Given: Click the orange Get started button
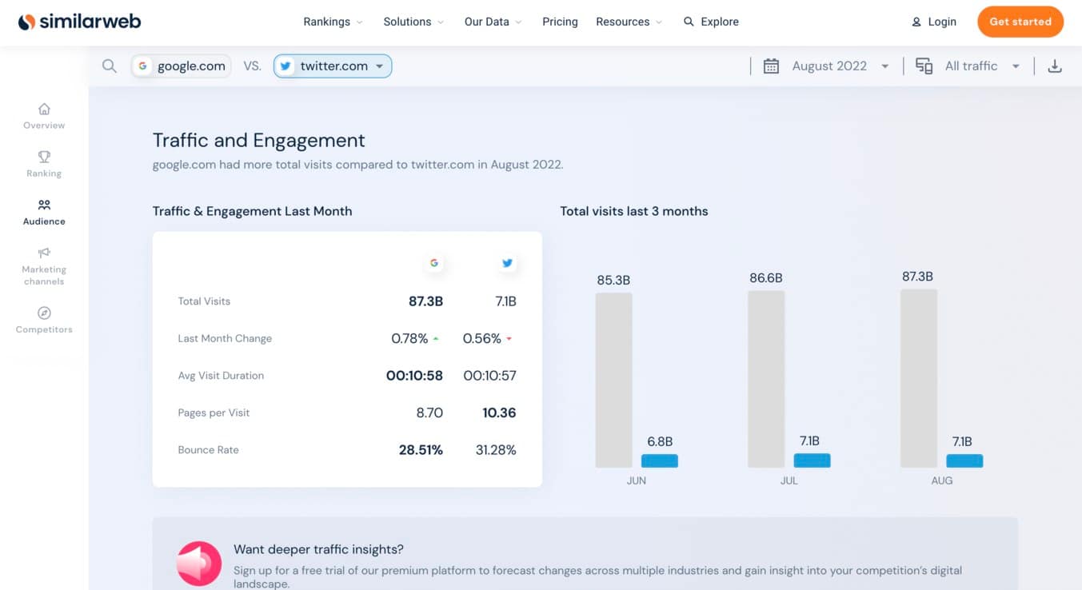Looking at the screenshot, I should coord(1020,22).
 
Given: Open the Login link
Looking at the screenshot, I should coord(934,22).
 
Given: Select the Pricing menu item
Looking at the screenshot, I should coord(560,22).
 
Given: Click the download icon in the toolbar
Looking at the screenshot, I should coord(1055,66).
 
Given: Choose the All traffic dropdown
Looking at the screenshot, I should coord(971,66).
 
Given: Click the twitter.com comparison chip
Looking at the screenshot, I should coord(333,66).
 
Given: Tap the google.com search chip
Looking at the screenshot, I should coord(182,66).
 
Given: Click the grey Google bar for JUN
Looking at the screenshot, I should coord(613,380).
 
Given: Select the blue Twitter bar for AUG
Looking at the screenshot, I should coord(964,460).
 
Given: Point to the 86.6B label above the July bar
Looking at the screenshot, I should coord(766,278).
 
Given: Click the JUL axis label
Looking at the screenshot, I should coord(789,480).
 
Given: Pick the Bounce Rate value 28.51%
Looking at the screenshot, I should coord(421,450).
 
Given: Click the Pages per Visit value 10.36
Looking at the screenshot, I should coord(499,413).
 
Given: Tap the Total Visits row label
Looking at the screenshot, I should coord(204,301).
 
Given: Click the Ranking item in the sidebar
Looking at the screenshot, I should coord(44,164).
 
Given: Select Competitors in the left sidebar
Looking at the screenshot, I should coord(44,320).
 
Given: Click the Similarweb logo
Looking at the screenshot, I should coord(80,22).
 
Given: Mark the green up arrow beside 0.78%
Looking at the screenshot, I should coord(436,339).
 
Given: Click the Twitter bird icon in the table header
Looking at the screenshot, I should coord(507,263).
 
